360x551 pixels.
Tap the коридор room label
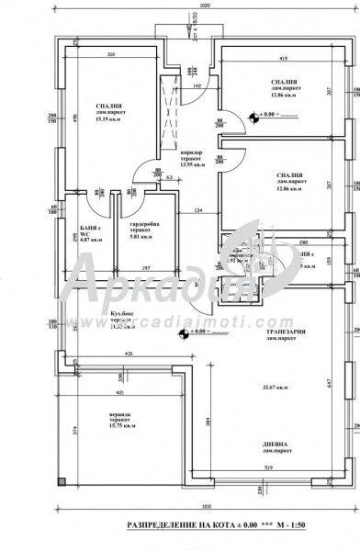[x=191, y=151]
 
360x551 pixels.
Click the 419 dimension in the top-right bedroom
[x=286, y=59]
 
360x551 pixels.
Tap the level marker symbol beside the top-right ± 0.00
[x=253, y=117]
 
